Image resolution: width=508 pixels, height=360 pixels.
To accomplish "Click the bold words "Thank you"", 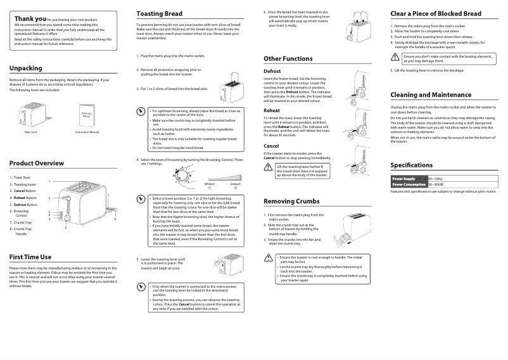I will pos(30,19).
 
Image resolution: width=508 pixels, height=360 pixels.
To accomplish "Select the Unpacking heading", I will pos(26,68).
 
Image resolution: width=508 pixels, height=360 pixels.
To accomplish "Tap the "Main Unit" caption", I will pos(31,131).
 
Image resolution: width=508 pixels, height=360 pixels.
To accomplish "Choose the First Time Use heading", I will pos(30,257).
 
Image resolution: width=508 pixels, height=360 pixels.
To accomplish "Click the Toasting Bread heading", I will pos(160,13).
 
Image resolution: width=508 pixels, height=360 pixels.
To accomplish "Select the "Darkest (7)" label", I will pos(235,185).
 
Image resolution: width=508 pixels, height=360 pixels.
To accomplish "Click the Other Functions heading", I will pos(288,58).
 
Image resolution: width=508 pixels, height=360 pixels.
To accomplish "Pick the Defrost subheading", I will pos(272,71).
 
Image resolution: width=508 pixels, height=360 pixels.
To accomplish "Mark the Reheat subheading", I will pos(271,110).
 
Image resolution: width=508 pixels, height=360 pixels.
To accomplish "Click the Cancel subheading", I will pos(271,146).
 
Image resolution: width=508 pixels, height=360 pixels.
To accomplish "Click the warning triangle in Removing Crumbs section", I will pos(269,259).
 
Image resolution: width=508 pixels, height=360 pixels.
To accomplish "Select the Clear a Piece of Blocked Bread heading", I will pos(436,13).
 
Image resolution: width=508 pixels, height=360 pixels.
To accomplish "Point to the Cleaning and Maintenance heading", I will pos(431,94).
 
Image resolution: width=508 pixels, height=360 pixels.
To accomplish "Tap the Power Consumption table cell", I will pos(409,184).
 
